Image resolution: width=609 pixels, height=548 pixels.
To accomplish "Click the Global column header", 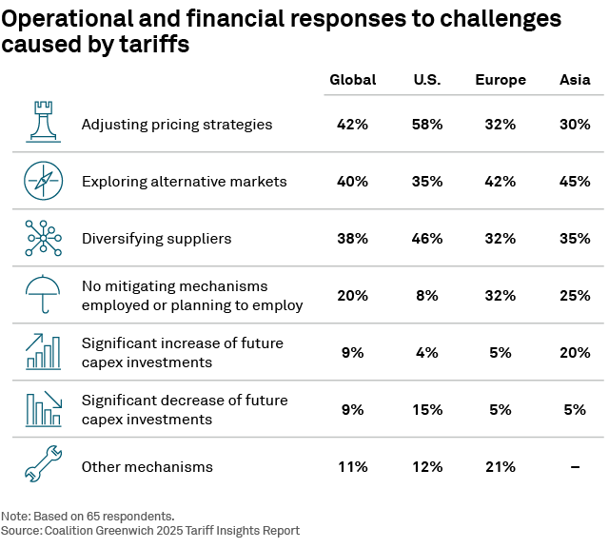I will click(x=352, y=80).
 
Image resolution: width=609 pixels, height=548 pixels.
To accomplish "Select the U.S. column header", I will click(x=426, y=80).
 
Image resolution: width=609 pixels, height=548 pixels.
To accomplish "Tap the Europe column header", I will click(x=501, y=80).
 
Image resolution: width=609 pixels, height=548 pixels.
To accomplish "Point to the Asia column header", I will click(x=575, y=80).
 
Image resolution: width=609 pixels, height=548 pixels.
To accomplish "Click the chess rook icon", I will click(x=42, y=123).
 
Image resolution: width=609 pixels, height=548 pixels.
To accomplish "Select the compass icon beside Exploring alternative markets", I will click(x=42, y=181).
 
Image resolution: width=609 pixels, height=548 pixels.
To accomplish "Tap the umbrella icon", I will click(x=42, y=294).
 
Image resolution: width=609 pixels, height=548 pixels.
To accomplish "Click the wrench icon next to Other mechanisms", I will click(x=42, y=466).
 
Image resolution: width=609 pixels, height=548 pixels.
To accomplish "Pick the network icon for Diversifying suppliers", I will click(x=42, y=238).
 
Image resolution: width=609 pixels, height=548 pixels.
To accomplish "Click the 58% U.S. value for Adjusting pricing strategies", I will click(x=426, y=125).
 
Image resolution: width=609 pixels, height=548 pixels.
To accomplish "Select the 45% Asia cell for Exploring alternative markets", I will click(x=575, y=182).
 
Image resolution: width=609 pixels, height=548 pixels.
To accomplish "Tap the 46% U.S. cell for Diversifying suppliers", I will click(x=426, y=239).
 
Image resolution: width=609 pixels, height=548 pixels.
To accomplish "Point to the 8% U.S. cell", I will click(x=426, y=296).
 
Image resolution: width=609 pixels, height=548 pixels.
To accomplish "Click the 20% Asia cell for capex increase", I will click(x=575, y=353).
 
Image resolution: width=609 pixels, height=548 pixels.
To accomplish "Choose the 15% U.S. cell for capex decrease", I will click(x=426, y=410).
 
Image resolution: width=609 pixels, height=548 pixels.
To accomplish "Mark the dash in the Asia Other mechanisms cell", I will click(x=575, y=467).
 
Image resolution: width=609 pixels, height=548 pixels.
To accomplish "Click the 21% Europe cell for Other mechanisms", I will click(x=501, y=467).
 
